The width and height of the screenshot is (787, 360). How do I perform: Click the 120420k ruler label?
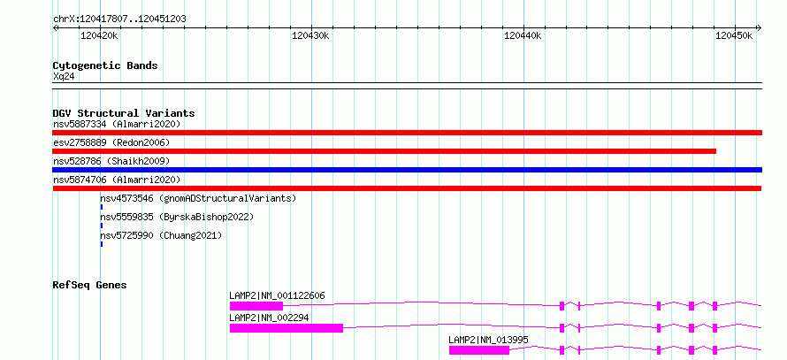[x=99, y=35]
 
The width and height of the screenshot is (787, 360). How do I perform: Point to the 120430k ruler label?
[x=310, y=35]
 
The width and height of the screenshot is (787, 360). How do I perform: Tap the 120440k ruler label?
[x=523, y=35]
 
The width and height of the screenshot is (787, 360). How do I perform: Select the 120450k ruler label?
[x=734, y=35]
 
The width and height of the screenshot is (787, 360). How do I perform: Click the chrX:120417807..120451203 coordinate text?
[x=119, y=19]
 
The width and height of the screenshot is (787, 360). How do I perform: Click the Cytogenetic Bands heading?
[x=105, y=65]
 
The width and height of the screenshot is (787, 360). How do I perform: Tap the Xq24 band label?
[x=64, y=76]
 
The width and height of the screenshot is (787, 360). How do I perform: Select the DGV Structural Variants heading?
[x=124, y=113]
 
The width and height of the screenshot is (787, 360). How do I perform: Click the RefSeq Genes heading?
[x=90, y=285]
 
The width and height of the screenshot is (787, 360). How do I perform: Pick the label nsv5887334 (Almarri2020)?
[x=117, y=124]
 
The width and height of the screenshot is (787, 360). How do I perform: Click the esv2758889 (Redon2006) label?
[x=111, y=142]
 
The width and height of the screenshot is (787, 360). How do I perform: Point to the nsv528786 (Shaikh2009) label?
[x=111, y=161]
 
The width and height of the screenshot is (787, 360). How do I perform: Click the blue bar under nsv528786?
[x=408, y=170]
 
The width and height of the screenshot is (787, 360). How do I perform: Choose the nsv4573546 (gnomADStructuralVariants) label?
[x=198, y=198]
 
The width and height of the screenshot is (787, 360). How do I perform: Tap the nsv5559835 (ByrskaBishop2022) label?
[x=177, y=217]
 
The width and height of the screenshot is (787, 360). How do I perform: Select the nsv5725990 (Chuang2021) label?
[x=161, y=235]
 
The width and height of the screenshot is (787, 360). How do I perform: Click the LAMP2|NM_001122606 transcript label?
[x=277, y=295]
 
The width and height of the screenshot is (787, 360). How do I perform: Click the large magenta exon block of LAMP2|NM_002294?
[x=287, y=328]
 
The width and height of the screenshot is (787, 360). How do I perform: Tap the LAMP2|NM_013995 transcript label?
[x=488, y=341]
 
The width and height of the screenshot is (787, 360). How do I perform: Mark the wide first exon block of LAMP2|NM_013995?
[x=479, y=350]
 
